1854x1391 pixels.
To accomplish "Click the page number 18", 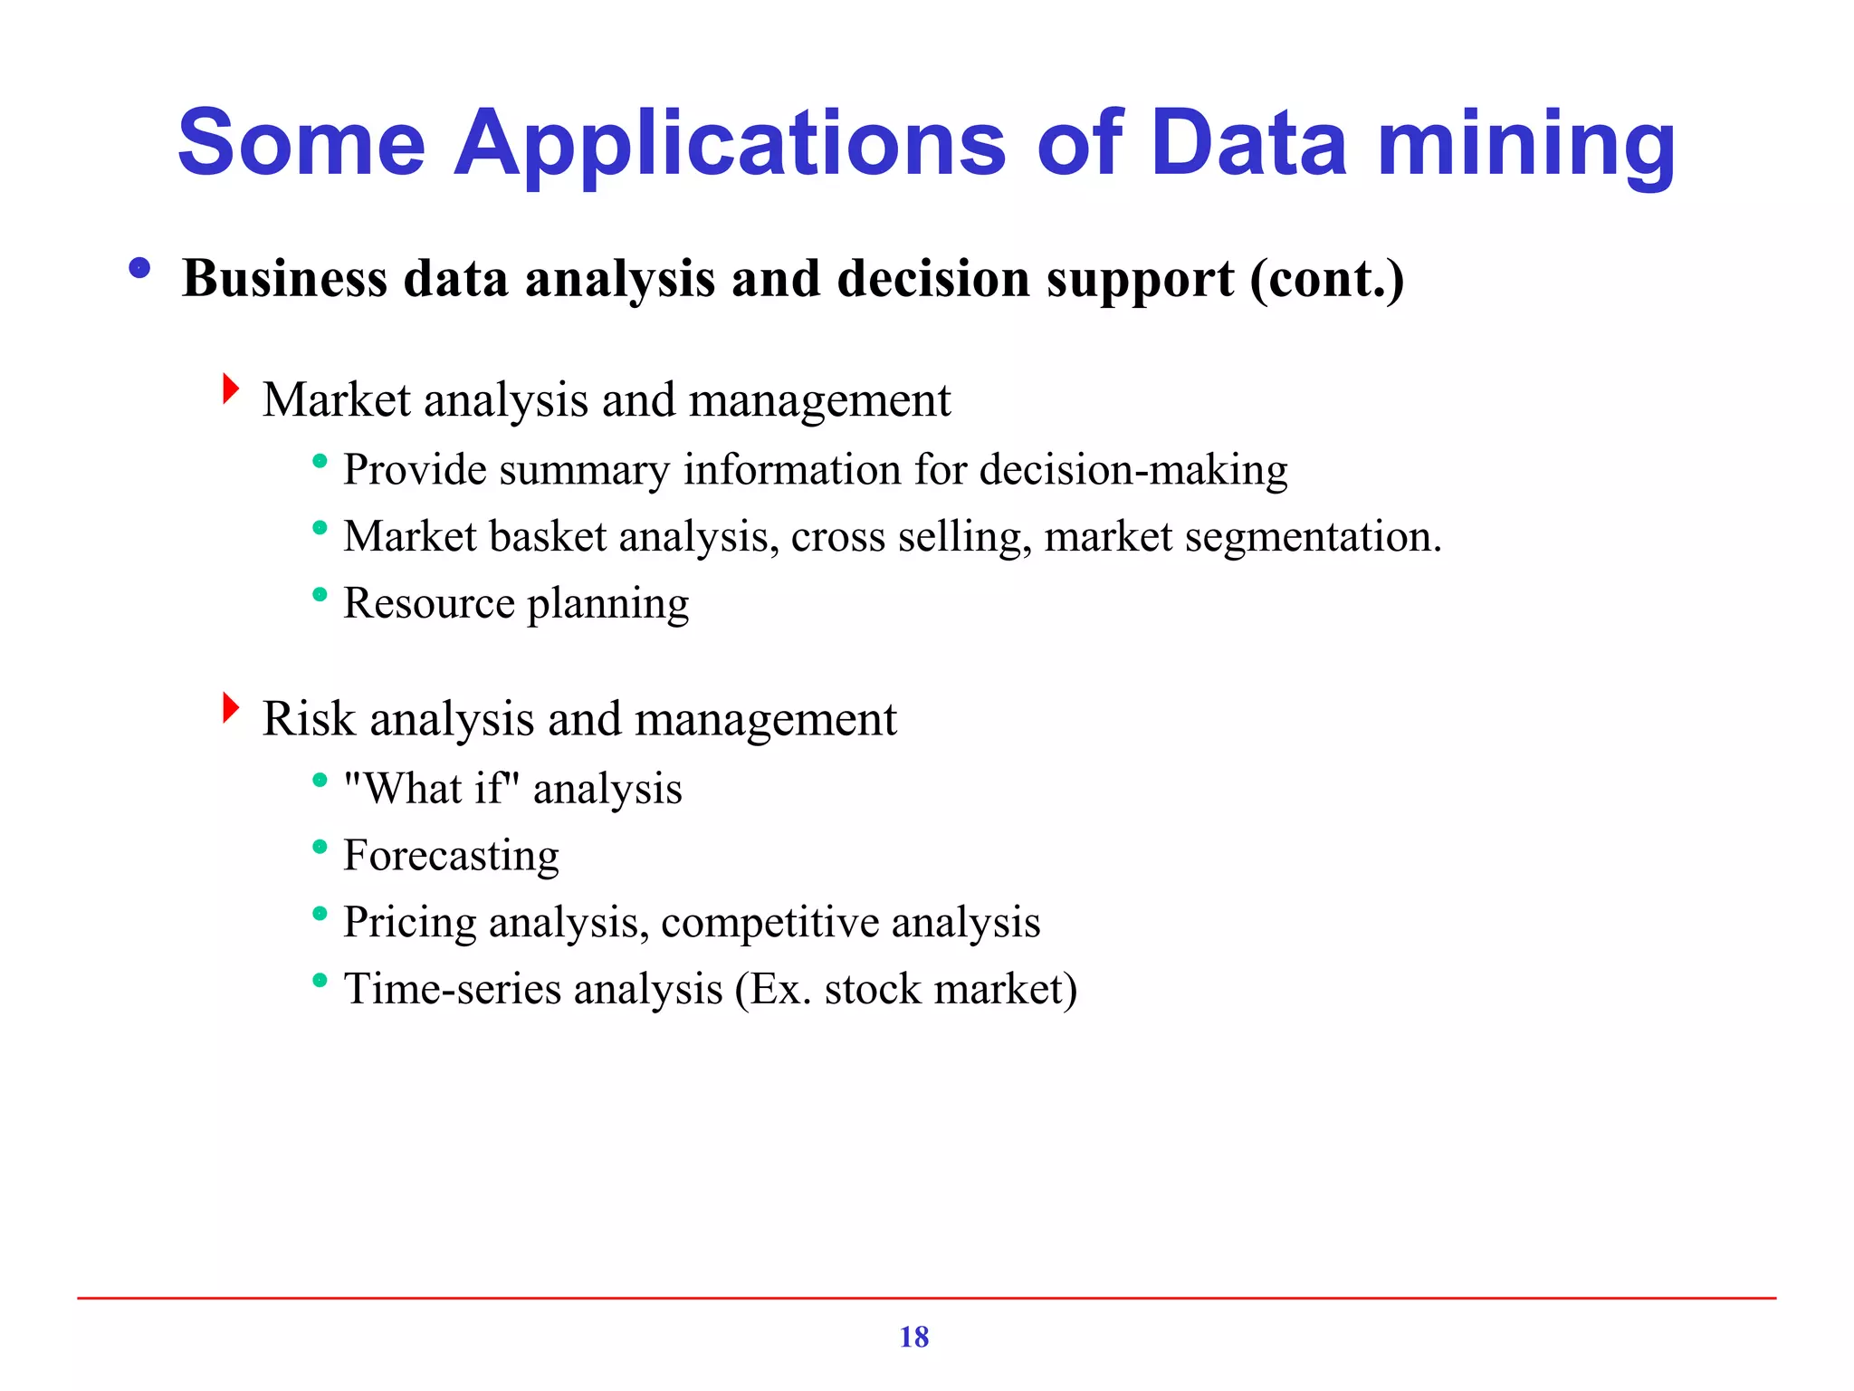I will coord(913,1337).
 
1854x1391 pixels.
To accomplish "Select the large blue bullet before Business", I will coord(139,268).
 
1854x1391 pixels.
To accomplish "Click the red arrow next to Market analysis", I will coord(231,389).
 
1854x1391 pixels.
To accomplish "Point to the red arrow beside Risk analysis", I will coord(231,708).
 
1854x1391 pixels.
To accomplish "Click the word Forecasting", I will coord(451,856).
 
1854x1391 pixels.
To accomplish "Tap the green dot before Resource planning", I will coord(319,595).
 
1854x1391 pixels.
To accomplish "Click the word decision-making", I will coord(1133,470).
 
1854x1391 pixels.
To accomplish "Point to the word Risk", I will coord(309,719).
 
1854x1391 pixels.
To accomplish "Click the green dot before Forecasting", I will coord(319,847).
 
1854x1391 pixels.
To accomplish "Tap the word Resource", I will coord(428,604).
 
